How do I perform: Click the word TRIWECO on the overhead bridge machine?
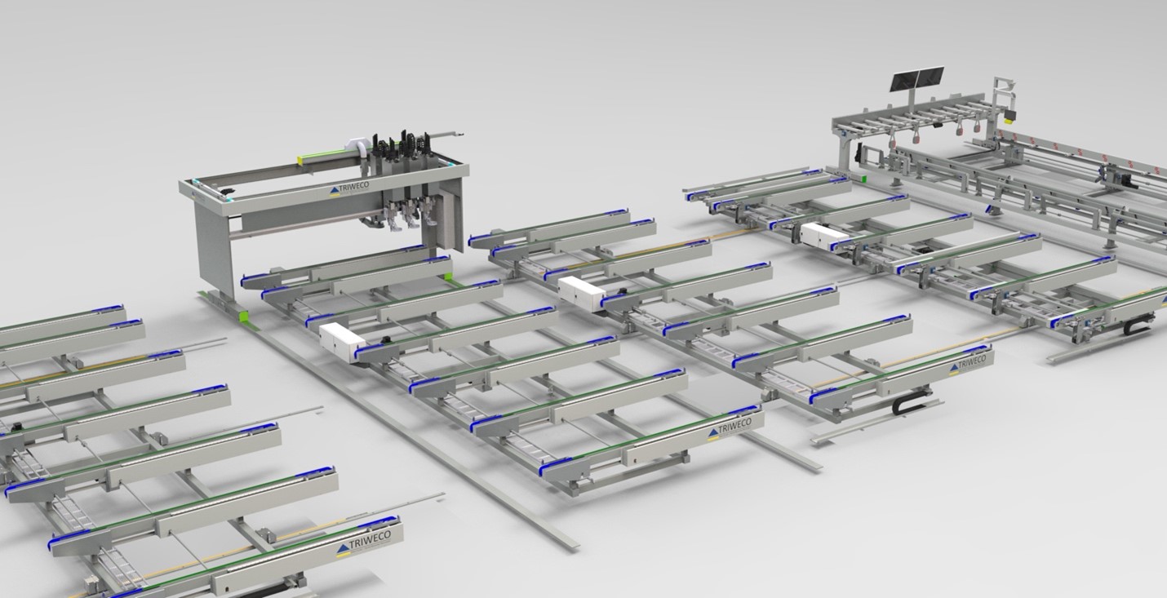click(x=353, y=187)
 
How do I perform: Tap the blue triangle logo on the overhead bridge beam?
click(x=335, y=191)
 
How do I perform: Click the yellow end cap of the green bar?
click(x=300, y=159)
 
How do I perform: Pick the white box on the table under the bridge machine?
click(x=342, y=337)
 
